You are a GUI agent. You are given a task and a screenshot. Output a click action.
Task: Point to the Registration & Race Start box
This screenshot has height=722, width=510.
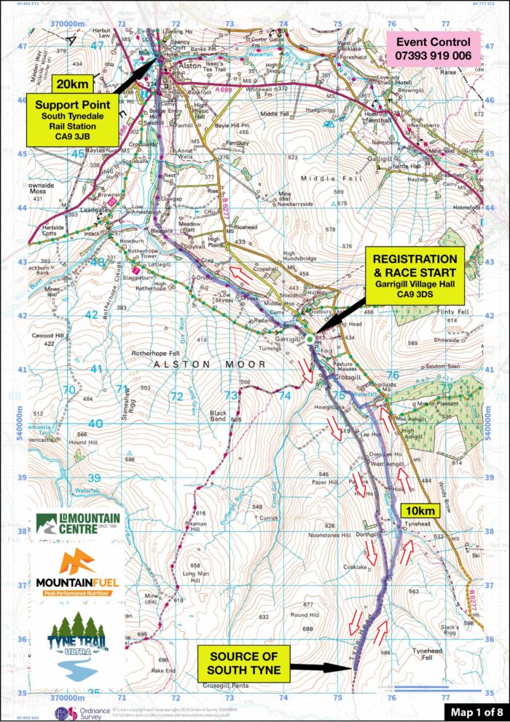tap(415, 279)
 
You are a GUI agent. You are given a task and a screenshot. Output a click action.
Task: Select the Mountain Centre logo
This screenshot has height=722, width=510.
tap(76, 523)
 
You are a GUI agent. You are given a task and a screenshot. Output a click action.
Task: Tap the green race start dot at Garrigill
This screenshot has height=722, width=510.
tap(310, 338)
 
